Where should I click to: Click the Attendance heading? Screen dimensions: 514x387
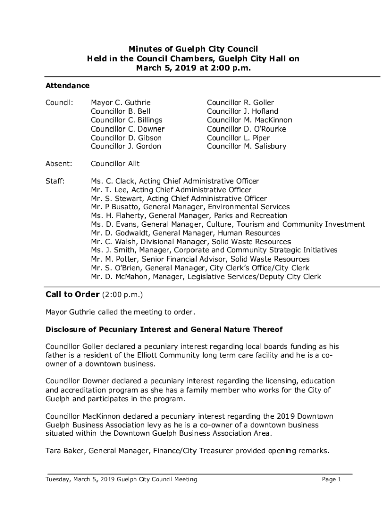click(x=68, y=86)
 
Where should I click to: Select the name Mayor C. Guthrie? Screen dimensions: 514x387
click(x=121, y=103)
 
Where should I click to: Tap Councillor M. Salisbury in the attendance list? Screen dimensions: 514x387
click(x=246, y=147)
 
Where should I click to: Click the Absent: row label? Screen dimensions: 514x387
click(x=59, y=164)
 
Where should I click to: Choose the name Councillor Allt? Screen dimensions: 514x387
click(x=115, y=164)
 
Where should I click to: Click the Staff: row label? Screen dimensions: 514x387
click(x=55, y=181)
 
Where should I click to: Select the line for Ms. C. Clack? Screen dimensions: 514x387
click(x=175, y=181)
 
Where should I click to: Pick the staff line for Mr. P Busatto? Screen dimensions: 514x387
click(x=190, y=207)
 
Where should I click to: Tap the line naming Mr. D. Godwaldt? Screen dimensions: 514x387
click(x=186, y=233)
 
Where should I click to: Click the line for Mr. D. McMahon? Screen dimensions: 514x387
click(x=206, y=277)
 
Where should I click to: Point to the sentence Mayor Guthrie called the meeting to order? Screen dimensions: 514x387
click(x=120, y=312)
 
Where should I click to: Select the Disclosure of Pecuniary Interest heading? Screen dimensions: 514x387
click(x=164, y=330)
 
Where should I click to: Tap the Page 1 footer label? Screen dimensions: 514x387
click(x=332, y=479)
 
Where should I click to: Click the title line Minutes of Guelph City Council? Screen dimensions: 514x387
click(x=193, y=49)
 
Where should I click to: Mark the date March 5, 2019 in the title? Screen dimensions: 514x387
click(x=163, y=67)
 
